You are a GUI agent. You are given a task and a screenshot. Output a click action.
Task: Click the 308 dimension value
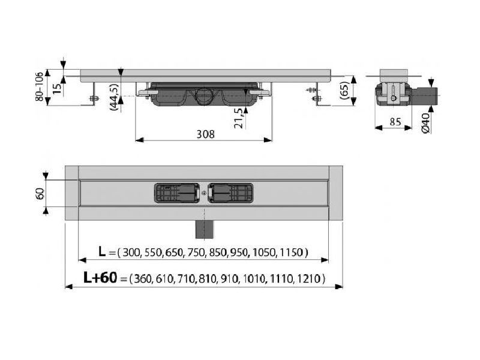point(205,134)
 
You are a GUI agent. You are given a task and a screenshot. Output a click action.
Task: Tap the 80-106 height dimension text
point(39,87)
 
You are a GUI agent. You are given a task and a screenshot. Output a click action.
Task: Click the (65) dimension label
point(344,91)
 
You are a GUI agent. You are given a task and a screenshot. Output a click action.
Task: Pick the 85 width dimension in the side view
point(395,122)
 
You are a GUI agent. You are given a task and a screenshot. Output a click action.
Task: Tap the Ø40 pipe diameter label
point(426,122)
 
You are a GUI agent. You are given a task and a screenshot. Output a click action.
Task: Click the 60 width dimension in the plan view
point(40,193)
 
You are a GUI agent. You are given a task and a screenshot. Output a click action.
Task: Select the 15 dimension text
point(57,88)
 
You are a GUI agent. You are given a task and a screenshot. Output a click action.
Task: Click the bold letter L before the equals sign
point(102,251)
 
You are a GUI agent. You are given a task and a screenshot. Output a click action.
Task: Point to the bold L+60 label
point(100,278)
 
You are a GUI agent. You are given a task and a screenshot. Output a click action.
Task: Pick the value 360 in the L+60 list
point(143,278)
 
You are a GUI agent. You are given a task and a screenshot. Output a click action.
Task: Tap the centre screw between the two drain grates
point(204,193)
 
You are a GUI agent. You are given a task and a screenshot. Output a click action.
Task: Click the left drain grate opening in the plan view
point(176,193)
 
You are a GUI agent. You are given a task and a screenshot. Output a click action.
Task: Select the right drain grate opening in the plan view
point(230,193)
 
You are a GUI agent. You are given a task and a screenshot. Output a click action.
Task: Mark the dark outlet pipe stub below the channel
point(204,229)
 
